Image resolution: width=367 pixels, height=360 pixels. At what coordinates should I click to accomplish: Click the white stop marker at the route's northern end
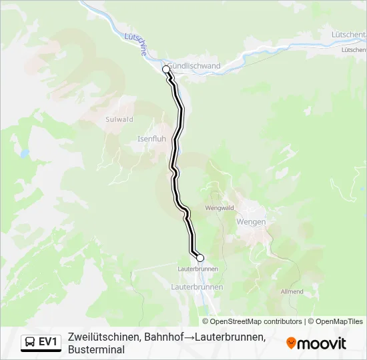click(166, 69)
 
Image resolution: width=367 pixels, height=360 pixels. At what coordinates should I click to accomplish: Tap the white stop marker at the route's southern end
click(200, 257)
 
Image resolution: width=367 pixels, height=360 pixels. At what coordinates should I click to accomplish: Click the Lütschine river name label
click(136, 46)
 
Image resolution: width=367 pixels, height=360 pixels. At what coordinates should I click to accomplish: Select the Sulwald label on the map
click(119, 119)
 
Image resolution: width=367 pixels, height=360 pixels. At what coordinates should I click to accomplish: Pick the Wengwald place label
click(220, 208)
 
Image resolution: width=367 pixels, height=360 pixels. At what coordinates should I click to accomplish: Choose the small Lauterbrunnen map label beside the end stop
click(198, 269)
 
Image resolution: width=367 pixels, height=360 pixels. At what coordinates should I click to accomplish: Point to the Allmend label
click(292, 292)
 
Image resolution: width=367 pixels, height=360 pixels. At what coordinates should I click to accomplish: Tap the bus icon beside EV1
click(30, 342)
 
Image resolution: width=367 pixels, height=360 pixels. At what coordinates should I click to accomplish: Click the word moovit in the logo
click(322, 343)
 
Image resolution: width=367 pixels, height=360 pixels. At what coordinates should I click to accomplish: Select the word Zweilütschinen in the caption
click(103, 337)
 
